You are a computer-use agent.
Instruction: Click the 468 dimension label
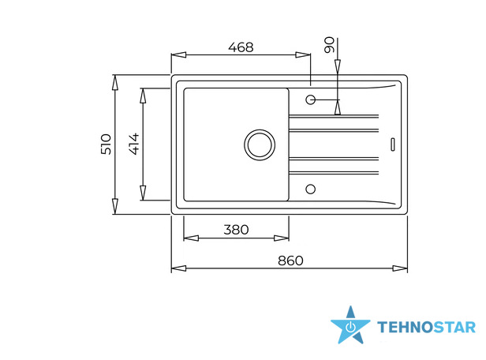pos(241,47)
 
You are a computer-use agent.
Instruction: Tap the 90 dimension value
pos(330,45)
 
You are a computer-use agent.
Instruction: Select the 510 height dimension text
pos(106,144)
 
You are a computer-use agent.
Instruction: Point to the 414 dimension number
pos(134,144)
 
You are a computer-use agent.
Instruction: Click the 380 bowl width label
pos(236,230)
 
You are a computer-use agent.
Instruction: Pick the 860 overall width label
pos(290,261)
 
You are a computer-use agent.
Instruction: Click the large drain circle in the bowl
pos(260,144)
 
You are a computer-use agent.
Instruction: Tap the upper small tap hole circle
pos(311,99)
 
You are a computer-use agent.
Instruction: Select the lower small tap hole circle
pos(311,189)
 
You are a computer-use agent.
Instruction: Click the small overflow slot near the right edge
pos(393,144)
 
